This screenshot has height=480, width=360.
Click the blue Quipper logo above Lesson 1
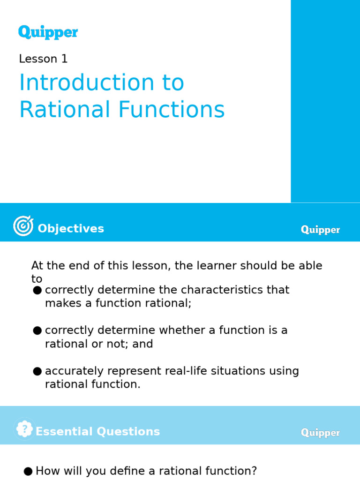pyautogui.click(x=48, y=32)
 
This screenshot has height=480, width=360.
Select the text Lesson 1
pyautogui.click(x=43, y=59)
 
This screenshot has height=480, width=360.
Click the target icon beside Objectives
pyautogui.click(x=23, y=226)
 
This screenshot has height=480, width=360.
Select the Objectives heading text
pyautogui.click(x=71, y=229)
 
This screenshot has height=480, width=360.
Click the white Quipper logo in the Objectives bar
pyautogui.click(x=320, y=230)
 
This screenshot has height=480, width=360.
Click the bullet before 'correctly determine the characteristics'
pyautogui.click(x=37, y=291)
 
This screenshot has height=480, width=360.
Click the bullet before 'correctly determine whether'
pyautogui.click(x=37, y=331)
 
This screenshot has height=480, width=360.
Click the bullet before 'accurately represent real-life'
pyautogui.click(x=37, y=372)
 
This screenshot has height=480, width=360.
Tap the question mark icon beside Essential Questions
pyautogui.click(x=24, y=429)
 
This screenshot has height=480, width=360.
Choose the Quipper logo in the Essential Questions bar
pyautogui.click(x=320, y=433)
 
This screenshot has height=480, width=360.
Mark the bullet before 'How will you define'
pyautogui.click(x=28, y=472)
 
